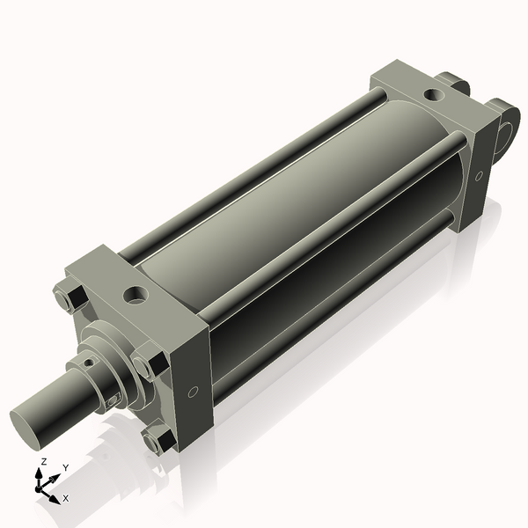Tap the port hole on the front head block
(136, 295)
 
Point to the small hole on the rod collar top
(89, 363)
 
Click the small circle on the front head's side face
(193, 392)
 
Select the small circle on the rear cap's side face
(479, 176)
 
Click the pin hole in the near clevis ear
(506, 134)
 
